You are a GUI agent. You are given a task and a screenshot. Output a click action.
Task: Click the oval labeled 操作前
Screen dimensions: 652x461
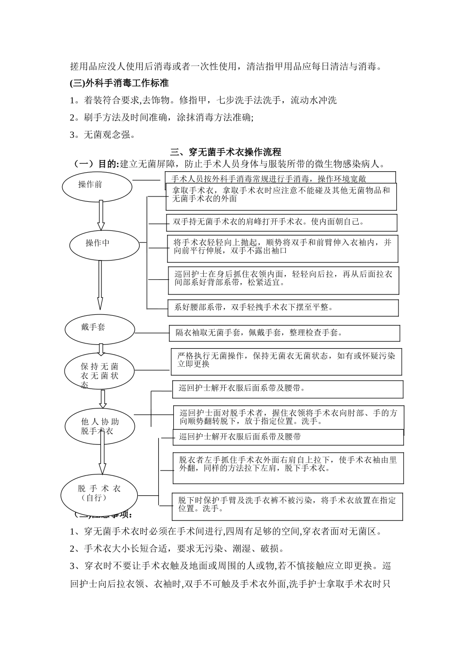tap(97, 186)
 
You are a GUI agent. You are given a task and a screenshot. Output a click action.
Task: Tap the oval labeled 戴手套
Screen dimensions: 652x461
tap(100, 329)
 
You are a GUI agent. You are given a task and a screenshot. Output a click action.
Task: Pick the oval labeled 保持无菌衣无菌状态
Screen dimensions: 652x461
tap(99, 372)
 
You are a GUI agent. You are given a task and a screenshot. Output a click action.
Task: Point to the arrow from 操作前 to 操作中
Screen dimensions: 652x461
tap(101, 215)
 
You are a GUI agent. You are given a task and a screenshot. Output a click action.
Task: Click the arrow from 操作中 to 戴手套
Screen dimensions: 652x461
tap(100, 285)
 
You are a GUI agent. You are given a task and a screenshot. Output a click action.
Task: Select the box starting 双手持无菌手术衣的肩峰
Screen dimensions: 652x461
tap(281, 223)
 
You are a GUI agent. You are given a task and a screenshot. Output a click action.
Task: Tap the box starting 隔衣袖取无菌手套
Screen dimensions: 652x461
tap(284, 333)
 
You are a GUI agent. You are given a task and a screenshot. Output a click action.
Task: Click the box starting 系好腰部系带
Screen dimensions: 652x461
tap(283, 308)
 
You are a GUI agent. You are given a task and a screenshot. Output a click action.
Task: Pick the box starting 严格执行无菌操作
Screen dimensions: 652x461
tap(286, 362)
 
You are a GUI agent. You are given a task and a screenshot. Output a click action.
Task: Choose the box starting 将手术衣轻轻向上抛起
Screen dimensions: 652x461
tap(283, 249)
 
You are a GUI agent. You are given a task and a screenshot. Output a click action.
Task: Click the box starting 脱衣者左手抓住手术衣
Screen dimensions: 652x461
tap(288, 468)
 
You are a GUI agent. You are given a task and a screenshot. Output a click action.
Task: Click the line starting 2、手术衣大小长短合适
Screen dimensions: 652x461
tap(177, 549)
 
